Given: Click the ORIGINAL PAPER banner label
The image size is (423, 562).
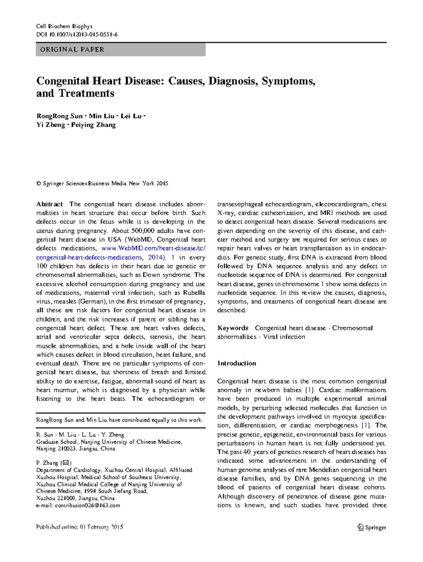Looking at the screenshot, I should pyautogui.click(x=72, y=50).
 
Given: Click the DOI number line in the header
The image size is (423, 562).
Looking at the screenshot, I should pyautogui.click(x=77, y=35).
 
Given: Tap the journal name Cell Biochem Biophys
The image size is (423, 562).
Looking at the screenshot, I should pyautogui.click(x=64, y=26).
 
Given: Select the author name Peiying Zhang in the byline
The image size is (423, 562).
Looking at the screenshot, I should pyautogui.click(x=93, y=125).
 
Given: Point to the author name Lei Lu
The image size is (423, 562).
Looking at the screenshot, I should pyautogui.click(x=131, y=116).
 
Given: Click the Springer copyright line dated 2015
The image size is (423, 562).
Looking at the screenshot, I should pyautogui.click(x=102, y=183).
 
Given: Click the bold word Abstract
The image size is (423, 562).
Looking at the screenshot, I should pyautogui.click(x=49, y=204).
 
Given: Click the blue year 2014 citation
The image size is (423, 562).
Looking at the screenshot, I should pyautogui.click(x=155, y=258).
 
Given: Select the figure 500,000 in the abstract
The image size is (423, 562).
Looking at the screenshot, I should pyautogui.click(x=142, y=231).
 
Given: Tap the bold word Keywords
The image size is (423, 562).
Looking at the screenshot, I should pyautogui.click(x=233, y=328).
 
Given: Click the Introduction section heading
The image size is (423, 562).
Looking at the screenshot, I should pyautogui.click(x=237, y=363).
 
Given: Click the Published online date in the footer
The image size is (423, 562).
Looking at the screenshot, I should pyautogui.click(x=80, y=527).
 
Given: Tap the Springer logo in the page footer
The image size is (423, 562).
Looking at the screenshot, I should pyautogui.click(x=372, y=527).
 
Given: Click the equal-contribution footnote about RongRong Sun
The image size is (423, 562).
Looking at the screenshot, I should pyautogui.click(x=119, y=420).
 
